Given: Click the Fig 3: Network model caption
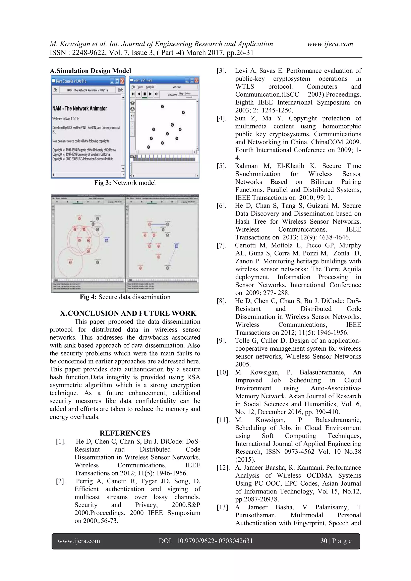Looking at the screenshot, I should click(x=125, y=183).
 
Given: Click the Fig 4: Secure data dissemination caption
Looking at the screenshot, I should click(x=125, y=297).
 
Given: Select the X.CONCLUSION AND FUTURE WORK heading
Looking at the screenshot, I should click(x=128, y=313).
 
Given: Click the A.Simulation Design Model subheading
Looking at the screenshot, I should click(x=90, y=71).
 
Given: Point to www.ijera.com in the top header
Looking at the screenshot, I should click(x=330, y=44).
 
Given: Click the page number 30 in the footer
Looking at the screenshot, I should click(x=324, y=541).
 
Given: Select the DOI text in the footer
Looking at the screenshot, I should click(x=205, y=541).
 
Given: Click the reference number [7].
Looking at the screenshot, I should click(x=221, y=245).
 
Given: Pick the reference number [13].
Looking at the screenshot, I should click(x=223, y=507).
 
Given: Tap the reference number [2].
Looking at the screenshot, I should click(x=61, y=481).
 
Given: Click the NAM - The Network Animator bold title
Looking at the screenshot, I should click(x=80, y=109).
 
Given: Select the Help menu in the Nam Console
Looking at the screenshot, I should click(x=120, y=90).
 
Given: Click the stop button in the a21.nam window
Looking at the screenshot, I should click(x=144, y=94).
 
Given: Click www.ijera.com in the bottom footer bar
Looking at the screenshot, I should click(x=79, y=541).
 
